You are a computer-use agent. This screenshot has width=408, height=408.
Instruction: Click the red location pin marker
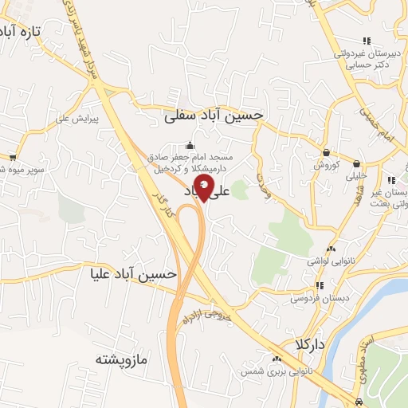coord(204,189)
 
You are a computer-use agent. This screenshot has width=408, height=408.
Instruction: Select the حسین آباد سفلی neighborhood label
coord(213,116)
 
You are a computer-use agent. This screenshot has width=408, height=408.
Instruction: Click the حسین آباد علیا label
coord(132,273)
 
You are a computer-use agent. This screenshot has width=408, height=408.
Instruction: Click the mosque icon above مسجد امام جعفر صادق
coord(190,145)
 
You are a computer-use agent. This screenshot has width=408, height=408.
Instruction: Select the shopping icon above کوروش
coord(327,153)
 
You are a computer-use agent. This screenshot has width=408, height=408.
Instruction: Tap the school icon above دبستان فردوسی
coord(320,285)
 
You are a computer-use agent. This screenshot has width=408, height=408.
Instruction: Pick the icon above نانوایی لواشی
coord(331,249)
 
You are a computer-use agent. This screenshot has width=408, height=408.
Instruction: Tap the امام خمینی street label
coord(382,125)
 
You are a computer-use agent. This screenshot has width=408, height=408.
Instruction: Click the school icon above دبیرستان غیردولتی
coord(366,41)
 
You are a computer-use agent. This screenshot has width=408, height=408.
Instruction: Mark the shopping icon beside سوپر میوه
coord(13,158)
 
